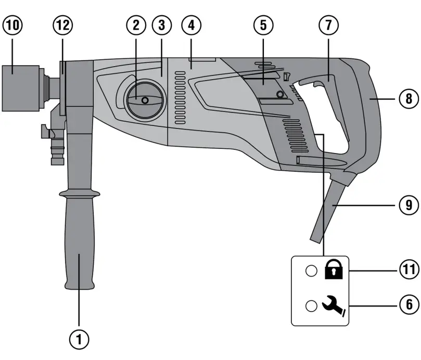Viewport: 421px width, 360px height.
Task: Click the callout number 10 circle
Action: click(x=12, y=25)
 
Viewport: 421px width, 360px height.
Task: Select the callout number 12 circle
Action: click(x=63, y=25)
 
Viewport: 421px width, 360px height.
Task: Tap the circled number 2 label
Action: click(x=136, y=25)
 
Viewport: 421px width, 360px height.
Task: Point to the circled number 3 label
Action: click(x=162, y=25)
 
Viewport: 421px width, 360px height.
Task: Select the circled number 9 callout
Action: click(x=408, y=205)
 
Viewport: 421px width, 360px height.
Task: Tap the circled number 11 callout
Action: click(x=408, y=271)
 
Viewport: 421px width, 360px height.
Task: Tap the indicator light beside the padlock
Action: click(x=311, y=271)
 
